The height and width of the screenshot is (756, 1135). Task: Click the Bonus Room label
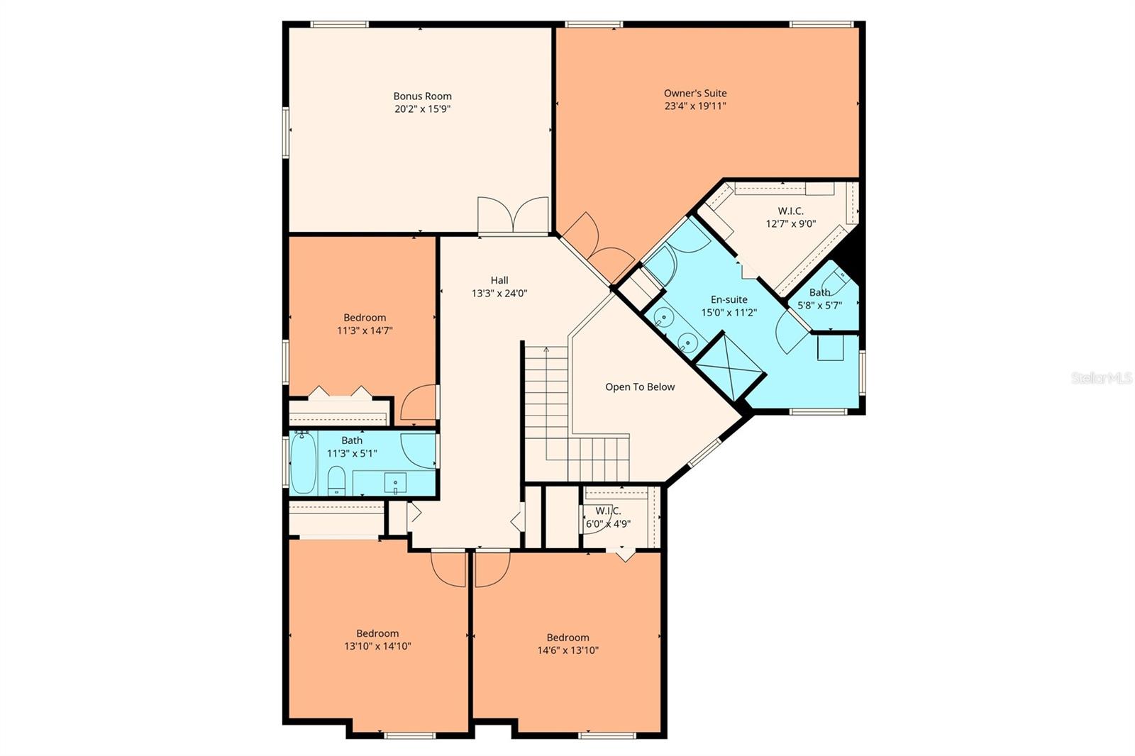click(x=422, y=96)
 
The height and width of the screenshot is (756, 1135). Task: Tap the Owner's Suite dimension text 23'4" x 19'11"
click(x=695, y=106)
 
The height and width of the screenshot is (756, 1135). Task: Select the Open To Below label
click(x=640, y=387)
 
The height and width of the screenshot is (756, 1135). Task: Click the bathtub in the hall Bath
click(x=303, y=462)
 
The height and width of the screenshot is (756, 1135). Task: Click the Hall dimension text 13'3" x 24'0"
click(x=499, y=294)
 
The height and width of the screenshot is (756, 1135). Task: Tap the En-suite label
click(x=729, y=299)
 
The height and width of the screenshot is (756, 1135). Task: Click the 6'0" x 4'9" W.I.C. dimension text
click(x=608, y=524)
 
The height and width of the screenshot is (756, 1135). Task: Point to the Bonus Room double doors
click(x=514, y=216)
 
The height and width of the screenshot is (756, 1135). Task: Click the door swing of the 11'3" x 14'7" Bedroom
click(x=418, y=403)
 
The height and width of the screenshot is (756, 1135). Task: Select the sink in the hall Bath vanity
click(x=395, y=483)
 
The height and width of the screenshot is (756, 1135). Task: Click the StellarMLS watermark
click(x=1102, y=378)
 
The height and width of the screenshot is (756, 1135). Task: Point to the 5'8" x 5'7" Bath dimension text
click(x=820, y=306)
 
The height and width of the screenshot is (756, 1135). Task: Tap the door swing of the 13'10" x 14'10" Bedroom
click(x=448, y=569)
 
